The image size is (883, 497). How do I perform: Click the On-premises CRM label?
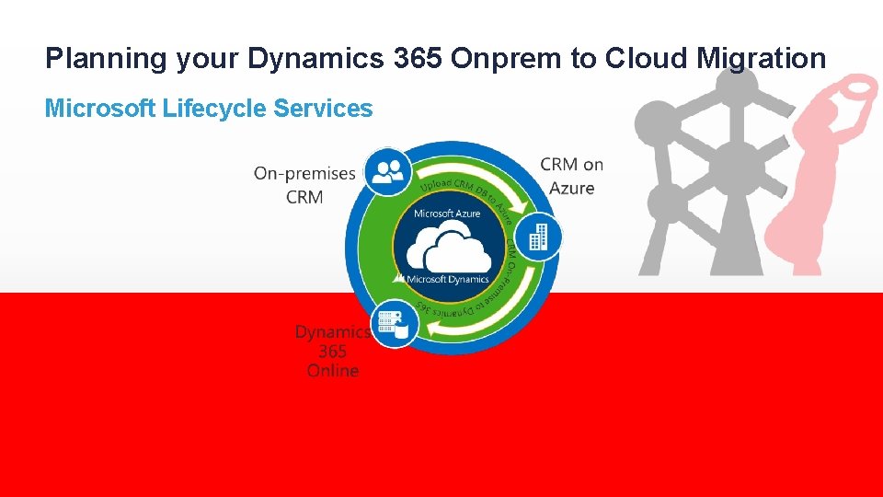pyautogui.click(x=304, y=185)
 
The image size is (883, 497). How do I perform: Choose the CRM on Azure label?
pyautogui.click(x=571, y=176)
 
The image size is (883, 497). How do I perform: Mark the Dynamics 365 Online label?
pyautogui.click(x=332, y=351)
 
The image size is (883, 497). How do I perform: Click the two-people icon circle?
pyautogui.click(x=387, y=171)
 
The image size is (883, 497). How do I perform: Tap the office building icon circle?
pyautogui.click(x=536, y=238)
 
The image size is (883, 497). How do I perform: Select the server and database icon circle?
pyautogui.click(x=395, y=323)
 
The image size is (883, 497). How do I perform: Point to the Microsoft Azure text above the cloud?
pyautogui.click(x=447, y=214)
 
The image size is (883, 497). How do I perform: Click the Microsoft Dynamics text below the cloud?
pyautogui.click(x=447, y=279)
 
